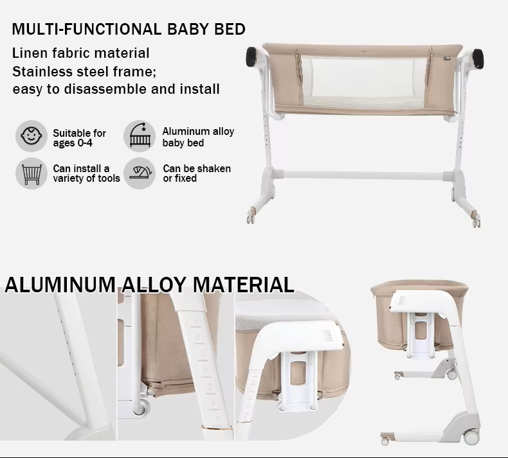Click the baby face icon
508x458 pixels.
point(31,136)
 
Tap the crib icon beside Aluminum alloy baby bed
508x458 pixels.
point(140,136)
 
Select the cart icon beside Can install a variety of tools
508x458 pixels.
point(31,173)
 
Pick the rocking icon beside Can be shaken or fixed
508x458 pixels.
point(140,173)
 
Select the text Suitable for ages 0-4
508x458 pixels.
point(79,137)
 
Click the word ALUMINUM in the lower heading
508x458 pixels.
point(59,284)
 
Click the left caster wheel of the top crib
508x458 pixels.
point(250,219)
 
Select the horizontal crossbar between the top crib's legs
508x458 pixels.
point(363,173)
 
